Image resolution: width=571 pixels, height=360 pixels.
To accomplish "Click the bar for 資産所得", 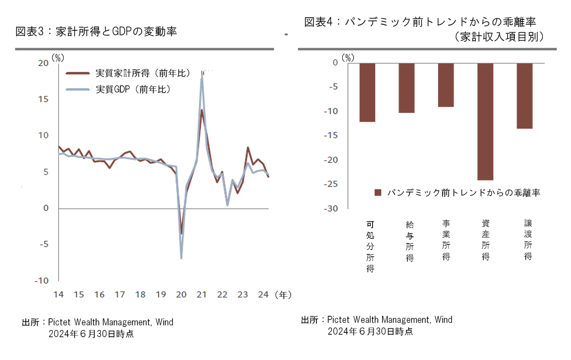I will click(485, 121).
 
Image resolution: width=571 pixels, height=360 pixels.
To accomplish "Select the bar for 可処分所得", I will click(367, 92).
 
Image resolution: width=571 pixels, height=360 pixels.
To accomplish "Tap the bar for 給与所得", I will click(406, 88).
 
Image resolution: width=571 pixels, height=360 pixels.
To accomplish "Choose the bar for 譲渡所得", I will click(524, 96).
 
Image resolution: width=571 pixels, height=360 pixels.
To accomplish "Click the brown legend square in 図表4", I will click(378, 193).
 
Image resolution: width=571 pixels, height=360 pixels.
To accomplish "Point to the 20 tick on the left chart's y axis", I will click(43, 63).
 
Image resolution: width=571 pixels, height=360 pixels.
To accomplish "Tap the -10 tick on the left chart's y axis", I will click(41, 281).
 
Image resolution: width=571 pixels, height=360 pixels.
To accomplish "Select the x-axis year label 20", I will click(181, 295).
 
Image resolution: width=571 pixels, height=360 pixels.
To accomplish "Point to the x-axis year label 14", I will click(58, 295).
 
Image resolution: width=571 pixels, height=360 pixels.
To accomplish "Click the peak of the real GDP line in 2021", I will click(202, 76).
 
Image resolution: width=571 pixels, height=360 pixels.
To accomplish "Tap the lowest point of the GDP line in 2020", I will click(181, 258).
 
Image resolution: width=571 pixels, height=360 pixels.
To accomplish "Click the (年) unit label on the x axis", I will click(283, 295).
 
